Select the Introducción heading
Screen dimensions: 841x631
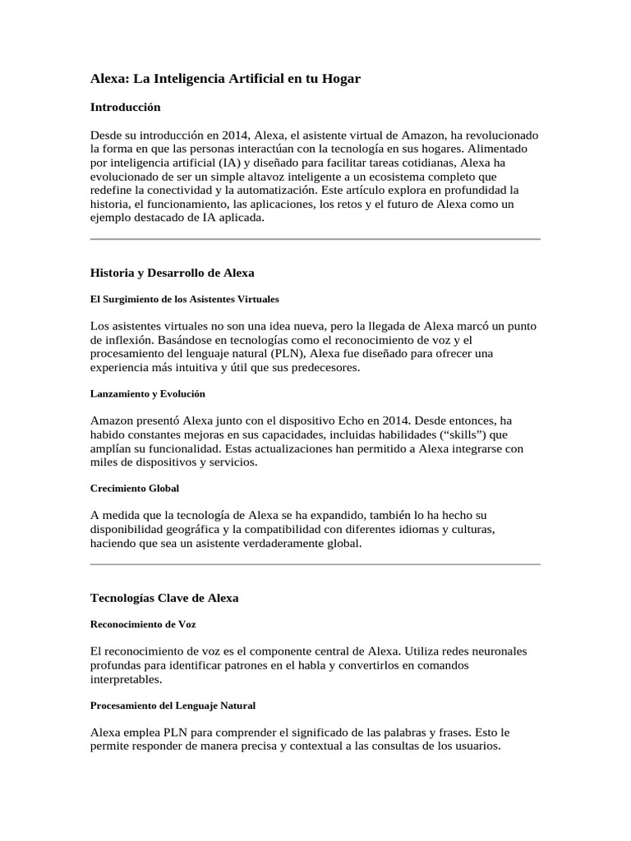pyautogui.click(x=125, y=107)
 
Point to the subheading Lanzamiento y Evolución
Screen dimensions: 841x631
pyautogui.click(x=147, y=393)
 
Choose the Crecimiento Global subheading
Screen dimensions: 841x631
pyautogui.click(x=134, y=488)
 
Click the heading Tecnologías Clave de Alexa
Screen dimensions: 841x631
pyautogui.click(x=164, y=598)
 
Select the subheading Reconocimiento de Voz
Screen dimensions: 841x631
pyautogui.click(x=142, y=624)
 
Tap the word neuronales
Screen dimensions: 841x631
pyautogui.click(x=495, y=651)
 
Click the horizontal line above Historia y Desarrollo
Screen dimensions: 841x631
pyautogui.click(x=315, y=239)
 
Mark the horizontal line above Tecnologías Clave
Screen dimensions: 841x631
pyautogui.click(x=315, y=564)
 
